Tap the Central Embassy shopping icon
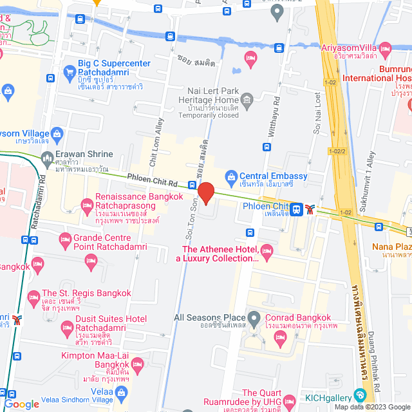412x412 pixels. (230, 176)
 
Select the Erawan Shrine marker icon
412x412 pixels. (47, 158)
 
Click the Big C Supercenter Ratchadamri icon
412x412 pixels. (69, 72)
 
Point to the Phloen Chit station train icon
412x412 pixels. (296, 209)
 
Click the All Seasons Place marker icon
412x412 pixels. (254, 318)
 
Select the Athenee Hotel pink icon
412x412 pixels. (267, 250)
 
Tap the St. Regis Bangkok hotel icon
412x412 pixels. (33, 298)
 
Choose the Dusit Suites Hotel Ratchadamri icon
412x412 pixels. (66, 329)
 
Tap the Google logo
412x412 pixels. (21, 404)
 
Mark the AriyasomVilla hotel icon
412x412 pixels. (386, 48)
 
